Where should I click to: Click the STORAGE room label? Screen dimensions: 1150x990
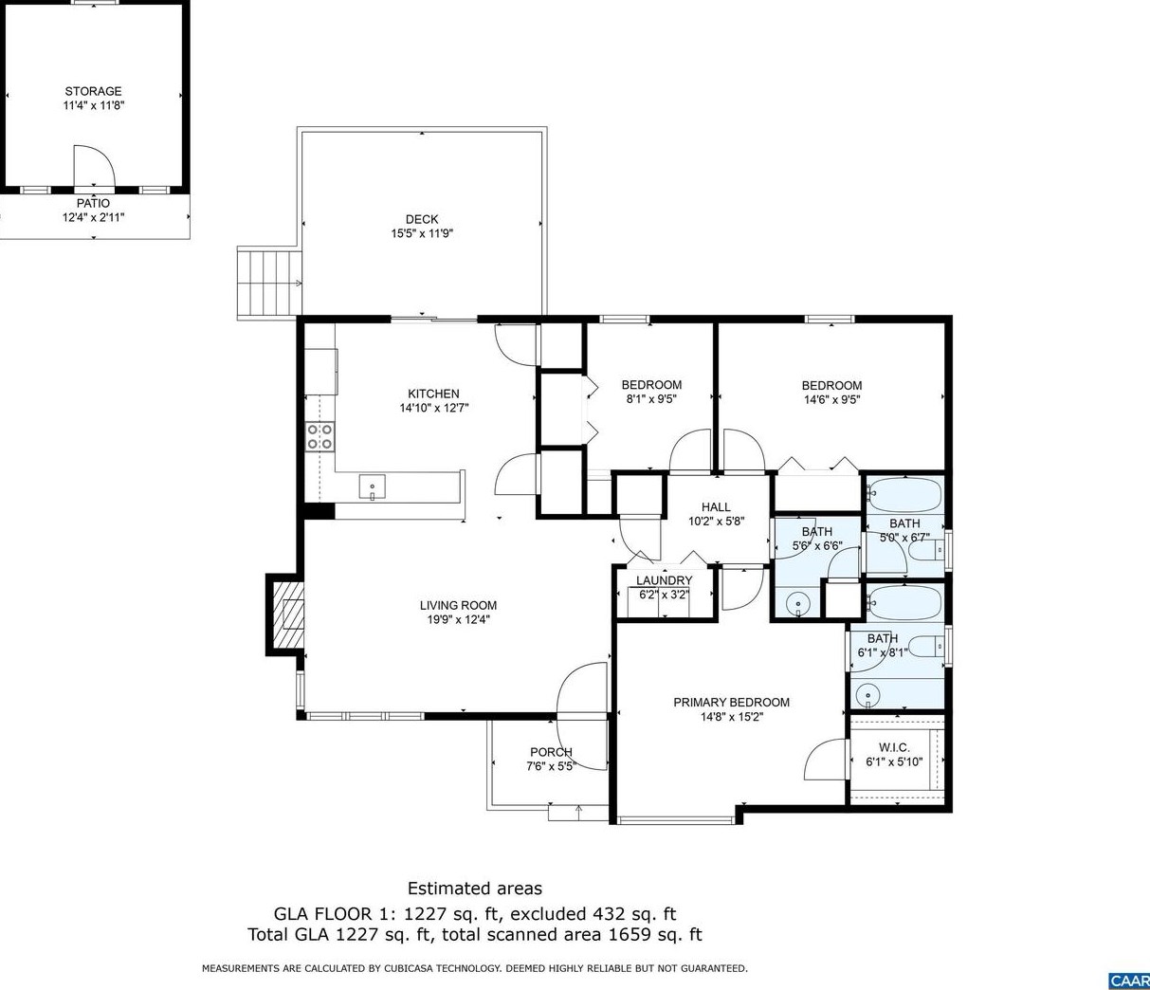(93, 91)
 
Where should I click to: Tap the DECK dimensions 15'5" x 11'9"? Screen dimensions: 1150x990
(422, 233)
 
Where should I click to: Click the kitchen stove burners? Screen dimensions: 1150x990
(319, 436)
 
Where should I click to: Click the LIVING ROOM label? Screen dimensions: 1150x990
(458, 605)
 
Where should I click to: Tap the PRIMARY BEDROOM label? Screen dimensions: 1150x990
(731, 703)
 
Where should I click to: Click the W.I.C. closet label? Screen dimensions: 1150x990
(894, 747)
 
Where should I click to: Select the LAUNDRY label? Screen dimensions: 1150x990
(665, 581)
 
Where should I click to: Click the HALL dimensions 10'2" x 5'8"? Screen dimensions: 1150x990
(716, 522)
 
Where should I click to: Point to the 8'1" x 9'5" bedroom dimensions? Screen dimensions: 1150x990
(651, 399)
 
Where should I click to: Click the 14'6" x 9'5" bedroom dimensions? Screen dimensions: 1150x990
(831, 399)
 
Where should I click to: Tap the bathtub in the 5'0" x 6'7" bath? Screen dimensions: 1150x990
(905, 495)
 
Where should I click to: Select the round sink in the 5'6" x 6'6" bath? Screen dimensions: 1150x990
(799, 604)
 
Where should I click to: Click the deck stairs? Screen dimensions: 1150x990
(269, 283)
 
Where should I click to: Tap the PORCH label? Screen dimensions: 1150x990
(551, 752)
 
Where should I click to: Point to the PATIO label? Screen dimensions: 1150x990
(93, 204)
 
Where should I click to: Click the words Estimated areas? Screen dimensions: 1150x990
(475, 889)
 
